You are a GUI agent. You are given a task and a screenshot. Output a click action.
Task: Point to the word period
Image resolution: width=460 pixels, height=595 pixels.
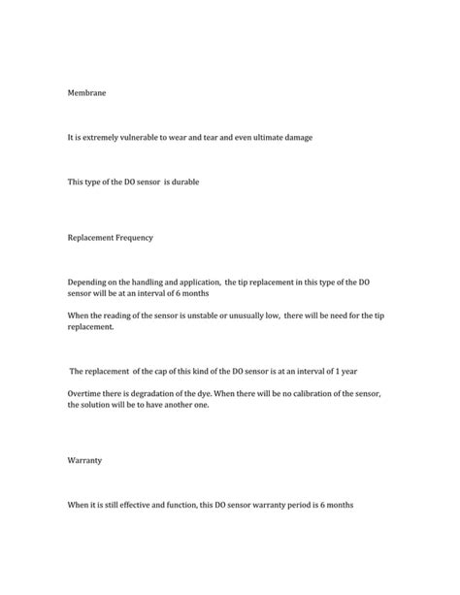coord(312,505)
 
